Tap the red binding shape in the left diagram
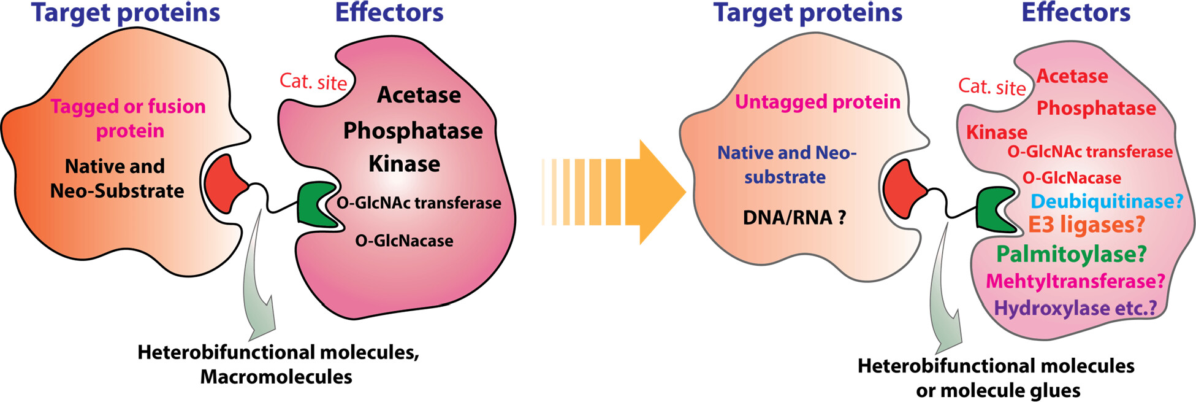(x=224, y=184)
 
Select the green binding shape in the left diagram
(x=315, y=204)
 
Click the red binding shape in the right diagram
(x=904, y=188)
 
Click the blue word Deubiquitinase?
(x=1106, y=201)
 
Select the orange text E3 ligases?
(x=1086, y=225)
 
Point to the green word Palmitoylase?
(x=1071, y=253)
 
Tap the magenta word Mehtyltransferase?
(x=1075, y=281)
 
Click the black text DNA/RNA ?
(x=794, y=217)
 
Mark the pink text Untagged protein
(x=818, y=102)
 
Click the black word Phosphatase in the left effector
(x=413, y=131)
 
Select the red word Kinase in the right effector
(x=997, y=133)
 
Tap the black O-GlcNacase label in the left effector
(x=404, y=241)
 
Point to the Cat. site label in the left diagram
(x=313, y=81)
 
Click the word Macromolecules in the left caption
(x=276, y=377)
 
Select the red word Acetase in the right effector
(x=1072, y=76)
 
